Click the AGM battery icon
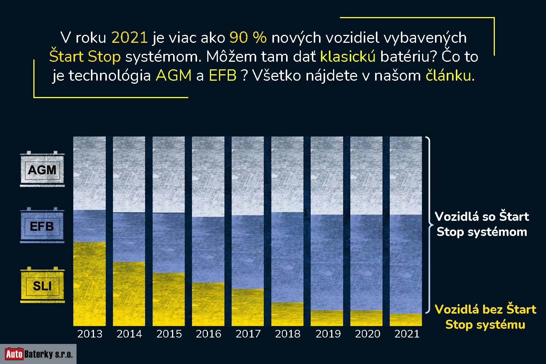point(42,170)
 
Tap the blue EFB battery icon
point(42,226)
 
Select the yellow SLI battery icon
point(42,285)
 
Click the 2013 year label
point(90,334)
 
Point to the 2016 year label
point(208,334)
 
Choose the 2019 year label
point(328,334)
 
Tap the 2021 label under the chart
point(407,334)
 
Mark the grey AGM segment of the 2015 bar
point(169,175)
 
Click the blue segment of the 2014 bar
point(129,237)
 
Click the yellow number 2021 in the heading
point(129,37)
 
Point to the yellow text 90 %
point(248,37)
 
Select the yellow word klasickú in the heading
point(348,56)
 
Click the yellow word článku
point(449,75)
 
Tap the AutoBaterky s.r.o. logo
point(38,354)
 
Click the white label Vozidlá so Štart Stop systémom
point(482,224)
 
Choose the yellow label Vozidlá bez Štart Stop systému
point(485,317)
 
